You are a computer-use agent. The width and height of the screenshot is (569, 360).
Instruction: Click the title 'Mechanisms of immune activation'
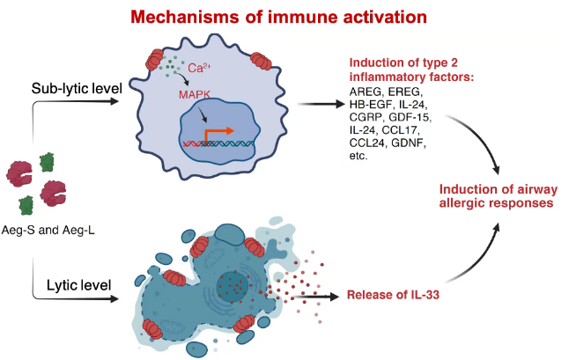pyautogui.click(x=278, y=17)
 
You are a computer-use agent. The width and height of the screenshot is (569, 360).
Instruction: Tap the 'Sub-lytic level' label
pyautogui.click(x=77, y=88)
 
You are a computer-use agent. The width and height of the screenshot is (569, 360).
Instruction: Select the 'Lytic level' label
pyautogui.click(x=78, y=285)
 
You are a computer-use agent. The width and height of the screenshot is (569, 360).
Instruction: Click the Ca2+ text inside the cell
pyautogui.click(x=199, y=68)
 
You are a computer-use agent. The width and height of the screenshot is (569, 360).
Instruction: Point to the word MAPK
pyautogui.click(x=195, y=95)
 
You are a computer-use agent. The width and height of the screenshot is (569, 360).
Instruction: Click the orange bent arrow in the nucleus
pyautogui.click(x=218, y=135)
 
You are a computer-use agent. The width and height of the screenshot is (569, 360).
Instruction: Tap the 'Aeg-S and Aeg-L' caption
pyautogui.click(x=48, y=230)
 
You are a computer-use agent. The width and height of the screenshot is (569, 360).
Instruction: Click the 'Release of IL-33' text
pyautogui.click(x=393, y=295)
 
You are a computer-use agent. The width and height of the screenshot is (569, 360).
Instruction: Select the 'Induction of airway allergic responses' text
pyautogui.click(x=498, y=196)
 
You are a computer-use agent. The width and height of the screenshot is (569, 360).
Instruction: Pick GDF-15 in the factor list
pyautogui.click(x=410, y=117)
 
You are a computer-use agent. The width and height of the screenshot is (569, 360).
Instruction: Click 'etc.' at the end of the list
pyautogui.click(x=358, y=156)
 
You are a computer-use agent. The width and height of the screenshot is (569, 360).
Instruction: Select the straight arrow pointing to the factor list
pyautogui.click(x=321, y=105)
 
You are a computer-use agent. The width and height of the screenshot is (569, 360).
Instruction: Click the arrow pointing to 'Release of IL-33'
pyautogui.click(x=314, y=297)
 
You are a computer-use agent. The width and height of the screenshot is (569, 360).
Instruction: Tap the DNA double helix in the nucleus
pyautogui.click(x=218, y=144)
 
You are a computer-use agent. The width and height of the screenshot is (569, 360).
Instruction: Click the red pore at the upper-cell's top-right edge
pyautogui.click(x=261, y=61)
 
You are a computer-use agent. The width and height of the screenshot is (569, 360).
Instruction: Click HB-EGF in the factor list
pyautogui.click(x=371, y=105)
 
